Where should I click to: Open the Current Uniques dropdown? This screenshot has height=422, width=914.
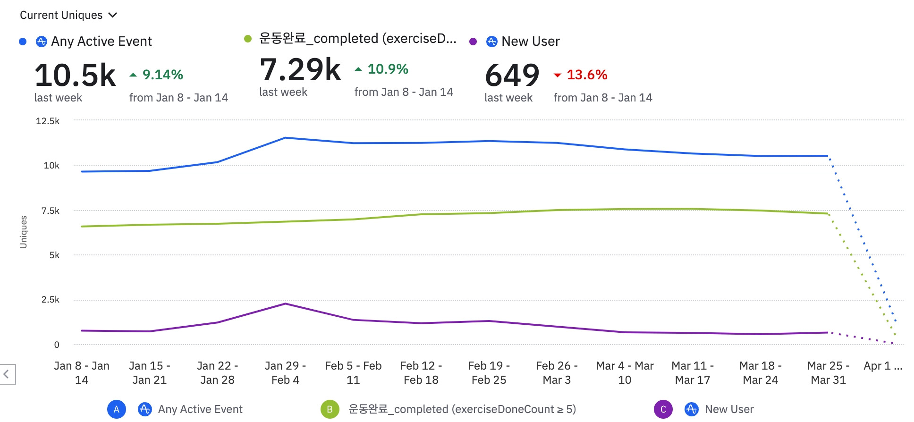pos(68,15)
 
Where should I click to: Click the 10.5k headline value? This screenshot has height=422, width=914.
pos(75,75)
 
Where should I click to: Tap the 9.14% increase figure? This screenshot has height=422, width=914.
pos(162,75)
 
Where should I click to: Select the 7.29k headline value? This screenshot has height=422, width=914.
pos(300,70)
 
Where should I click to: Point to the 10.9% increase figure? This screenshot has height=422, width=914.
pos(387,69)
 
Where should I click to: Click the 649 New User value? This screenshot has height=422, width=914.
pos(512,75)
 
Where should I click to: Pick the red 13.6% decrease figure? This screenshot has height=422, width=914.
pos(586,75)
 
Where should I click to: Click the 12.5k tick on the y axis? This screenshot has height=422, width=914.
pos(48,121)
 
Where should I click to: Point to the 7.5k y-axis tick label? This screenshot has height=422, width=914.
pos(50,211)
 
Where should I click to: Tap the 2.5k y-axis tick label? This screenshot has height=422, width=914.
pos(50,300)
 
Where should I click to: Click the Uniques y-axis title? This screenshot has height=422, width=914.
pos(24,232)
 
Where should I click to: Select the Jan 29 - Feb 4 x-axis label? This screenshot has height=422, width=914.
pos(285,372)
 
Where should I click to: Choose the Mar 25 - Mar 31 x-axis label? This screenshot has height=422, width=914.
pos(828,372)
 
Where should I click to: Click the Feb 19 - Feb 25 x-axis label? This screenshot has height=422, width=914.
pos(489,372)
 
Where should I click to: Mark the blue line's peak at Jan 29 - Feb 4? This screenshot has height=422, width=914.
pos(285,138)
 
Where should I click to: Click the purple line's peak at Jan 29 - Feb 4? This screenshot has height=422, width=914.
pos(285,304)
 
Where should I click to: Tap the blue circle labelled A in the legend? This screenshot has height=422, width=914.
pos(116,409)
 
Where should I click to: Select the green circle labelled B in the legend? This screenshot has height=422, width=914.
pos(330,409)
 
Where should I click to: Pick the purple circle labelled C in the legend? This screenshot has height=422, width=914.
pos(663,409)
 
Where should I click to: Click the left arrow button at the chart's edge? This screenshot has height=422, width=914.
pos(7,374)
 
